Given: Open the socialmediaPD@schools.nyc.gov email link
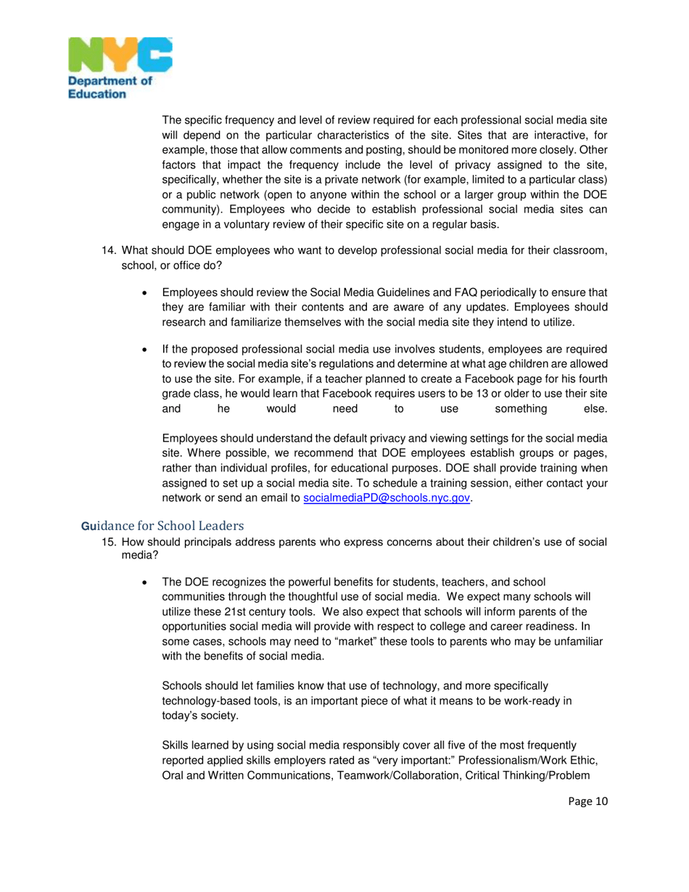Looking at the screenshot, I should pyautogui.click(x=387, y=498).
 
